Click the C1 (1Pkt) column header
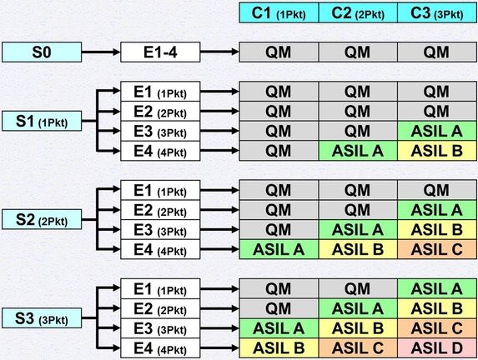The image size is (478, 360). pyautogui.click(x=279, y=12)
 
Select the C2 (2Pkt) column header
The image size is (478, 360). pyautogui.click(x=357, y=12)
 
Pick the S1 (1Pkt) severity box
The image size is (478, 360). pyautogui.click(x=42, y=122)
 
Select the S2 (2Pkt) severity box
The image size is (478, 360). pyautogui.click(x=42, y=219)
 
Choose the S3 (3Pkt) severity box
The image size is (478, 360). pyautogui.click(x=42, y=317)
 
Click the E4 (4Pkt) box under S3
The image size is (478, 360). pyautogui.click(x=160, y=347)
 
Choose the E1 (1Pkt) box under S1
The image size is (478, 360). pyautogui.click(x=160, y=92)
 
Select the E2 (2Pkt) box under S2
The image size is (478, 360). pyautogui.click(x=160, y=209)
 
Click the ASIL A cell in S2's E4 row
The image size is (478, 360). pyautogui.click(x=279, y=248)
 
